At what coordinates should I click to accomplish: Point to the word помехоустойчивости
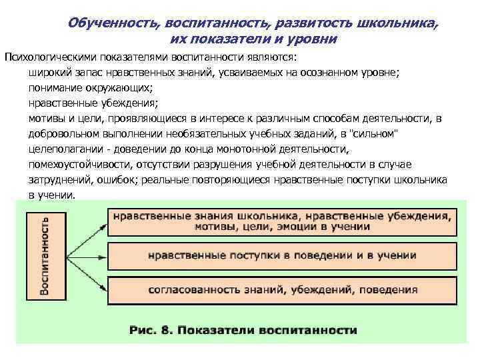[x=81, y=164]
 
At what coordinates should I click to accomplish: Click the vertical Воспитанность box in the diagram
[x=45, y=255]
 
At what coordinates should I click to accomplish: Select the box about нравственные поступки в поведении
[x=282, y=255]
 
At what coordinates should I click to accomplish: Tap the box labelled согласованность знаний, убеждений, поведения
[x=282, y=289]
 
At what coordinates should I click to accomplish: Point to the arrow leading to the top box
[x=85, y=238]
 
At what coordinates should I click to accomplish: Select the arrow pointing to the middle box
[x=85, y=256]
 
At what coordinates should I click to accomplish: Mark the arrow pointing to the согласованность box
[x=85, y=273]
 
